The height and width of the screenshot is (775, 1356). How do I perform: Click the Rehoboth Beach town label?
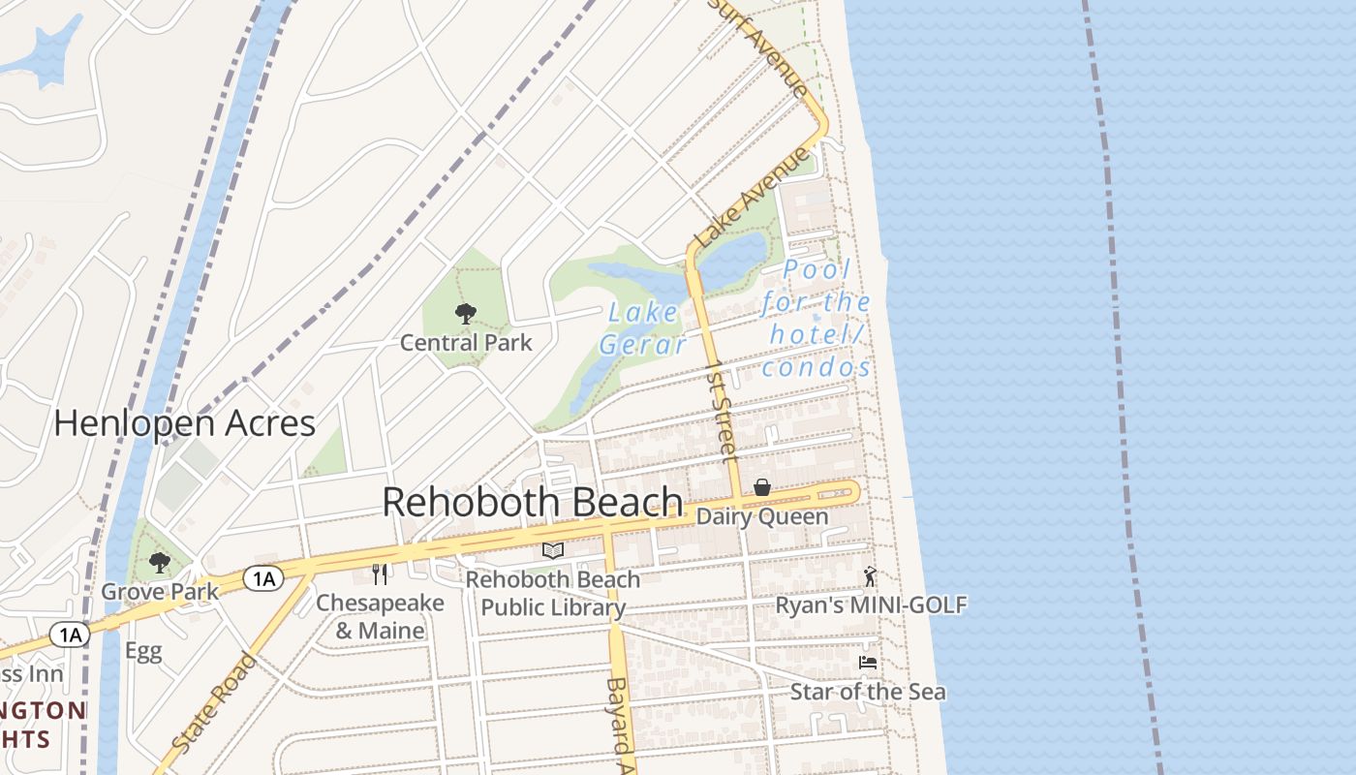533,502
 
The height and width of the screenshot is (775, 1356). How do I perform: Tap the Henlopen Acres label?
184,423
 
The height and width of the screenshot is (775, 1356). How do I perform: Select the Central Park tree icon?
466,313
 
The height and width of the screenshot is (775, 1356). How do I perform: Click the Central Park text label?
466,342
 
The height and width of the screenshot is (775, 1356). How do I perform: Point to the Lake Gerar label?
643,328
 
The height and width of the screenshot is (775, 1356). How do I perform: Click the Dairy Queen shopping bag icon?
762,487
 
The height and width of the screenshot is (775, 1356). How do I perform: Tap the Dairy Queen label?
762,516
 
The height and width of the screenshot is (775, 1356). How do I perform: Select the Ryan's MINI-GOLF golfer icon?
870,576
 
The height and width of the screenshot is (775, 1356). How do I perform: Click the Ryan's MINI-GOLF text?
871,605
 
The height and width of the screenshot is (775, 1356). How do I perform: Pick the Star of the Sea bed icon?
868,663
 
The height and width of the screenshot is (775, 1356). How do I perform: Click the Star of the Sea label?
868,692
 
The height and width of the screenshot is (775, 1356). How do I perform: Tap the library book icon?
553,550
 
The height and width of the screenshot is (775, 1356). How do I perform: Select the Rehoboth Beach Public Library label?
553,593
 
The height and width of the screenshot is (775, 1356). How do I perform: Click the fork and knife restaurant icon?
380,574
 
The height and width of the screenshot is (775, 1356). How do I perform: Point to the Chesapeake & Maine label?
380,616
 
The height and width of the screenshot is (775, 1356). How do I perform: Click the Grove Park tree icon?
160,562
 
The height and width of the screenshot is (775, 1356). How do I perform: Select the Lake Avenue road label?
751,197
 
